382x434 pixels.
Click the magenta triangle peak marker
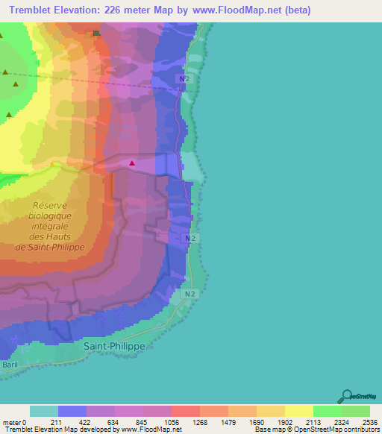[133, 163]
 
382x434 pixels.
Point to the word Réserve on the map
[51, 205]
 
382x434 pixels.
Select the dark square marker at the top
[95, 33]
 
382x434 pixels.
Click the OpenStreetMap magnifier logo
[345, 396]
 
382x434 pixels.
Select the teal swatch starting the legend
[43, 411]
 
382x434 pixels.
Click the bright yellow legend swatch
[298, 411]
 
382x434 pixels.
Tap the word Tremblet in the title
[27, 10]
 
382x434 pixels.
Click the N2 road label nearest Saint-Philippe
[190, 295]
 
